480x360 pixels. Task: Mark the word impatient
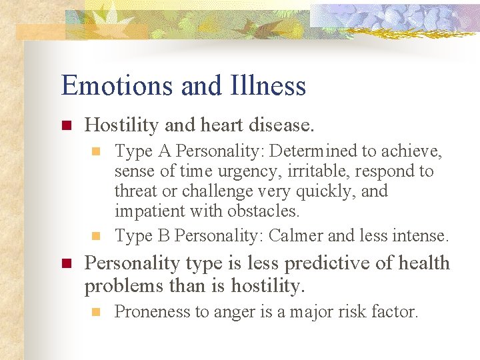pyautogui.click(x=148, y=211)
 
